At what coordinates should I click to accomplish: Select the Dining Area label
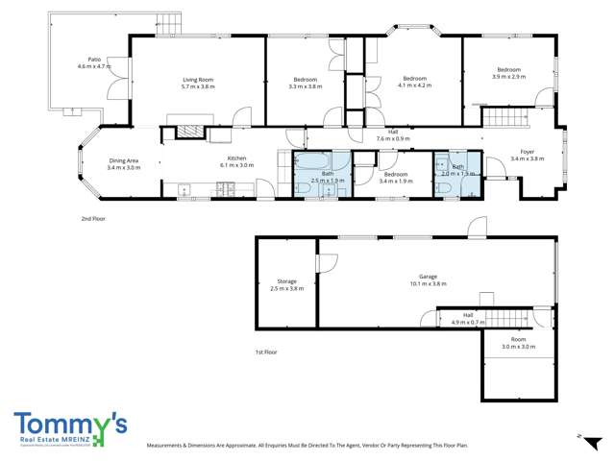point(124,160)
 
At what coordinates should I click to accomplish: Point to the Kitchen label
point(237,158)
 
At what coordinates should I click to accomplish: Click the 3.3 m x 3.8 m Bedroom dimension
point(305,86)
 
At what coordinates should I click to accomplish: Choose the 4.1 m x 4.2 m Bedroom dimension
point(414,85)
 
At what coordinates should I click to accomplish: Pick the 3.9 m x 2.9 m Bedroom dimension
point(508,76)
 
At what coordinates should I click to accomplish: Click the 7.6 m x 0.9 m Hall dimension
point(393,138)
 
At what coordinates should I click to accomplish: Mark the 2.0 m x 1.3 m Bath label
point(458,167)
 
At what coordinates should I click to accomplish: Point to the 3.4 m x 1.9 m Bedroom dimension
point(396,181)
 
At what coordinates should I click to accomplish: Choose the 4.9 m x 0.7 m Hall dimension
point(468,321)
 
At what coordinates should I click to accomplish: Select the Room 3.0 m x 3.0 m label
point(519,342)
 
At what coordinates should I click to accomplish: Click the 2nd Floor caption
point(93,219)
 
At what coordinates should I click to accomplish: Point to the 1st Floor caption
point(266,352)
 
